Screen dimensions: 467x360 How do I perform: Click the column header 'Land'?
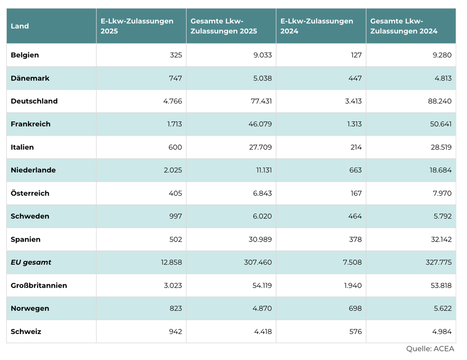pyautogui.click(x=20, y=26)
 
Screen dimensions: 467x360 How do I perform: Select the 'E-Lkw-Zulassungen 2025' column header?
pyautogui.click(x=137, y=26)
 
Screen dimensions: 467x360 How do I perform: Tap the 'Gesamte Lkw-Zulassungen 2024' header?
pyautogui.click(x=404, y=26)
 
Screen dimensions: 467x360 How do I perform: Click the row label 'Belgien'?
pyautogui.click(x=25, y=55)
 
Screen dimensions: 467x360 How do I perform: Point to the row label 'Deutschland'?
pyautogui.click(x=34, y=101)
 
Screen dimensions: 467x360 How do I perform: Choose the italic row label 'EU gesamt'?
pyautogui.click(x=31, y=262)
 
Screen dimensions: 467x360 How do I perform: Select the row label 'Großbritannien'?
pyautogui.click(x=39, y=286)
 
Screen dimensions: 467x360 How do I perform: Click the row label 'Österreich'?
pyautogui.click(x=30, y=193)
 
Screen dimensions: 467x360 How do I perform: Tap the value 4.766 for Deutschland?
pyautogui.click(x=172, y=101)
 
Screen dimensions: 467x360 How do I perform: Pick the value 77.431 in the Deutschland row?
pyautogui.click(x=261, y=101)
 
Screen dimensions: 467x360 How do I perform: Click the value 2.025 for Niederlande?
pyautogui.click(x=173, y=170)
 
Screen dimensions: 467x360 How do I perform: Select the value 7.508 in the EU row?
pyautogui.click(x=353, y=262)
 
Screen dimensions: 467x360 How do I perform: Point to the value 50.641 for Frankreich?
pyautogui.click(x=441, y=124)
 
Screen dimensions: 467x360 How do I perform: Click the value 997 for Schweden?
pyautogui.click(x=176, y=216)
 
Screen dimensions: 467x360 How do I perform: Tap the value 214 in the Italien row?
pyautogui.click(x=356, y=147)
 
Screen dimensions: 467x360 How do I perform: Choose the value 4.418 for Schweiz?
pyautogui.click(x=263, y=332)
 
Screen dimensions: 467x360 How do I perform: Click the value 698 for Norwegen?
pyautogui.click(x=355, y=309)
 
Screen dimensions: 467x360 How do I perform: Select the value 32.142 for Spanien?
pyautogui.click(x=441, y=240)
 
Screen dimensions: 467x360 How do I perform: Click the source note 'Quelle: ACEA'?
pyautogui.click(x=431, y=349)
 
